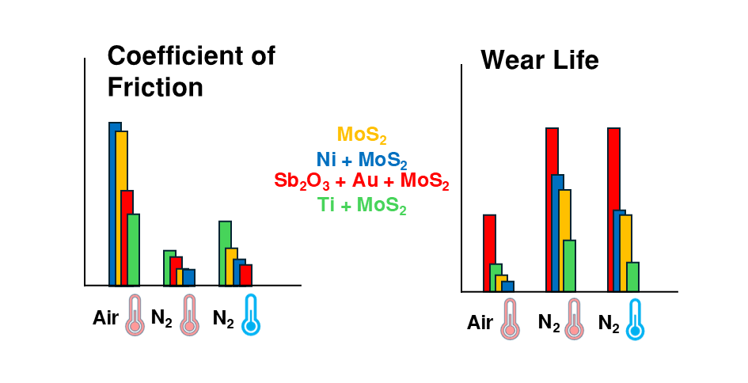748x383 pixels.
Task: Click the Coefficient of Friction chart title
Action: (191, 70)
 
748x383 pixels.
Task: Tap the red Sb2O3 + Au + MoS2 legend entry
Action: (361, 181)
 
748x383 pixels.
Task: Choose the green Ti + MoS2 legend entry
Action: (362, 206)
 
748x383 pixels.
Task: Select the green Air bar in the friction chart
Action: (134, 249)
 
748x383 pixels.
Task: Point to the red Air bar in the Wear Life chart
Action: (489, 252)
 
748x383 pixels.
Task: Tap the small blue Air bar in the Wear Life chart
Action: (509, 286)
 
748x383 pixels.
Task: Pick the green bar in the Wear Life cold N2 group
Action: (632, 276)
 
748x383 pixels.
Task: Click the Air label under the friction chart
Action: (105, 318)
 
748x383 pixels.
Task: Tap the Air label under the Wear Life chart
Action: (480, 322)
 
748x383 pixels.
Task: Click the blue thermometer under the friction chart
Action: (251, 314)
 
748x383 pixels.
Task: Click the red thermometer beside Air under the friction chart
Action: (135, 314)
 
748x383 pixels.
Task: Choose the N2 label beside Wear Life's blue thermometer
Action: (608, 322)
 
